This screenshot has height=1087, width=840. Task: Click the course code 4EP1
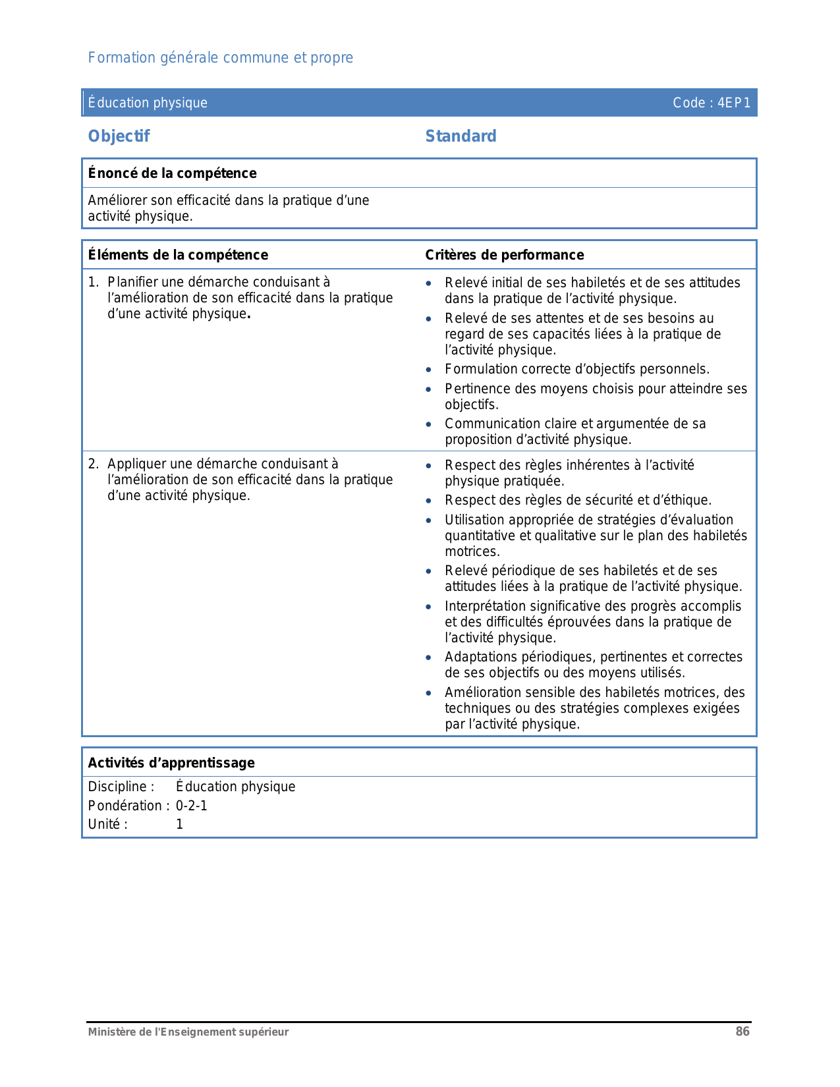tap(734, 103)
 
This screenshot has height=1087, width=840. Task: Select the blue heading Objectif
tap(119, 136)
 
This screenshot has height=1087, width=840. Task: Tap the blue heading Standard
tap(461, 136)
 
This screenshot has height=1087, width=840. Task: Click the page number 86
tap(742, 1032)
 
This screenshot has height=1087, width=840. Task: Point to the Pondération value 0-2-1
tap(191, 806)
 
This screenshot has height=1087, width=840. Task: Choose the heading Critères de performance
tap(505, 255)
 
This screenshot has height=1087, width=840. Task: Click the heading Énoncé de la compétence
tap(173, 173)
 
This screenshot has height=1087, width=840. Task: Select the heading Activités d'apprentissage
tap(171, 763)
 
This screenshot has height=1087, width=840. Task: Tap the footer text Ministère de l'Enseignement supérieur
tap(188, 1032)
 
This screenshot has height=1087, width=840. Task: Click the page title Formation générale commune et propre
tap(221, 58)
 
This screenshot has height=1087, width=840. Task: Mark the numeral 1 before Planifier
tap(93, 282)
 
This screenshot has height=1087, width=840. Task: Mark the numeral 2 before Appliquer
tap(93, 464)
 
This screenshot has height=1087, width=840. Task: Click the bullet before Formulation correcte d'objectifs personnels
tap(429, 370)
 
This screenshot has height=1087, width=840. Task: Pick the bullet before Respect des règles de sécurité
tap(429, 501)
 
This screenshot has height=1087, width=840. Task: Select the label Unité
tap(107, 824)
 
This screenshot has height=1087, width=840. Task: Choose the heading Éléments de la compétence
tap(178, 255)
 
